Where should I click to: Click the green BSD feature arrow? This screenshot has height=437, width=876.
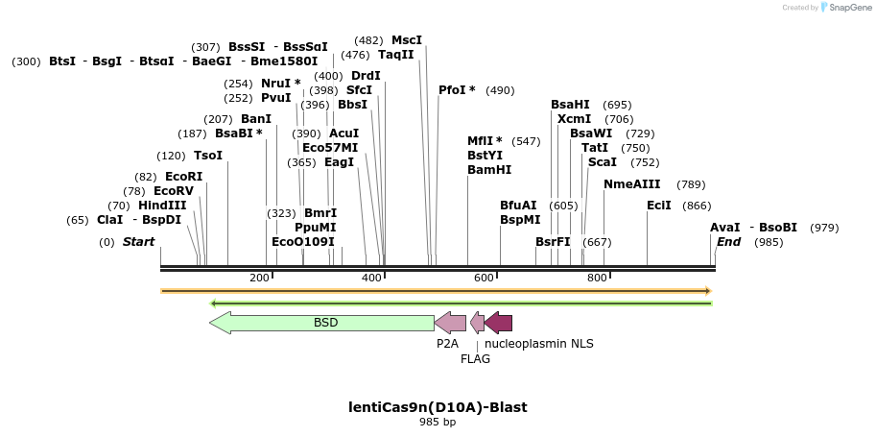(x=321, y=323)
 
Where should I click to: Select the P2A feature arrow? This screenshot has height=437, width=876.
(x=450, y=323)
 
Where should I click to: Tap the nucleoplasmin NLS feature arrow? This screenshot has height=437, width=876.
(x=498, y=323)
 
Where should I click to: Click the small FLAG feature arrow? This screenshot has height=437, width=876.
(x=477, y=323)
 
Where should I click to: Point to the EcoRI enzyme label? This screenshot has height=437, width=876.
(x=184, y=177)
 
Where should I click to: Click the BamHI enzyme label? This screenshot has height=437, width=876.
(x=489, y=170)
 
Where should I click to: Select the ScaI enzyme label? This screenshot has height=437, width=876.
(x=603, y=162)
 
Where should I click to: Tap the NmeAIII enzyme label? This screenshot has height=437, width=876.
(x=632, y=184)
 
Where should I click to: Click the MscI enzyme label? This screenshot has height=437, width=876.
(x=407, y=40)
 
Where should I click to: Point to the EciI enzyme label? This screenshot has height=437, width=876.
(x=659, y=206)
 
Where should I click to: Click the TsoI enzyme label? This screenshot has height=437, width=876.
(x=208, y=156)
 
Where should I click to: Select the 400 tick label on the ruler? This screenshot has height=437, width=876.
(x=371, y=278)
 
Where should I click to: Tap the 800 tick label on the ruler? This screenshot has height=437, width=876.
(x=597, y=278)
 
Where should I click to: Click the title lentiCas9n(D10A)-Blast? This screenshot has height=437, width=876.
(x=438, y=407)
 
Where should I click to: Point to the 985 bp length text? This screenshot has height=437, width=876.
(x=438, y=423)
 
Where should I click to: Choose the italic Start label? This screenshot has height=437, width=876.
(x=139, y=242)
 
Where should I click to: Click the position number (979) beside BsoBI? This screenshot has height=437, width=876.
(x=824, y=228)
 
